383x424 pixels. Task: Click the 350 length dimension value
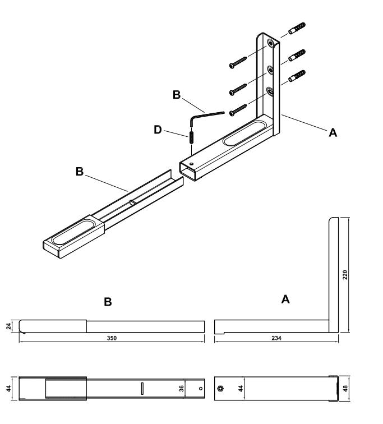[112, 338]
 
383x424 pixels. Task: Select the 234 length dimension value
[276, 338]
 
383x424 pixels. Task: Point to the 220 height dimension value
[345, 275]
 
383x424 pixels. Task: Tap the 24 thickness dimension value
[8, 326]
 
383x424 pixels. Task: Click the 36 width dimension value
[181, 388]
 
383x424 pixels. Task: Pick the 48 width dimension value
[345, 388]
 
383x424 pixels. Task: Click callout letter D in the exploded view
[158, 130]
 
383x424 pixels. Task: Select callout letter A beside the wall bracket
[333, 132]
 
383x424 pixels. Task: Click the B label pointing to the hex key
[177, 95]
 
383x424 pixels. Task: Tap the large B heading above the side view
[108, 302]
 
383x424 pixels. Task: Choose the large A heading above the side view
[285, 299]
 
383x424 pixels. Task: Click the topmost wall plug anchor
[297, 28]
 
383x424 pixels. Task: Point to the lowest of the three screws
[238, 110]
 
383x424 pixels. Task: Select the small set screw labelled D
[192, 137]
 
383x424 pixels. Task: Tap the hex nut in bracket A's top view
[220, 389]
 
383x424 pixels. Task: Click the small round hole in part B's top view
[201, 389]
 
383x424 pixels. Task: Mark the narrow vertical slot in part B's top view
[142, 389]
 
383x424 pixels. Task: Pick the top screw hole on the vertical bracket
[270, 43]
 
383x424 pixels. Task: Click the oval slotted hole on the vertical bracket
[270, 91]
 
